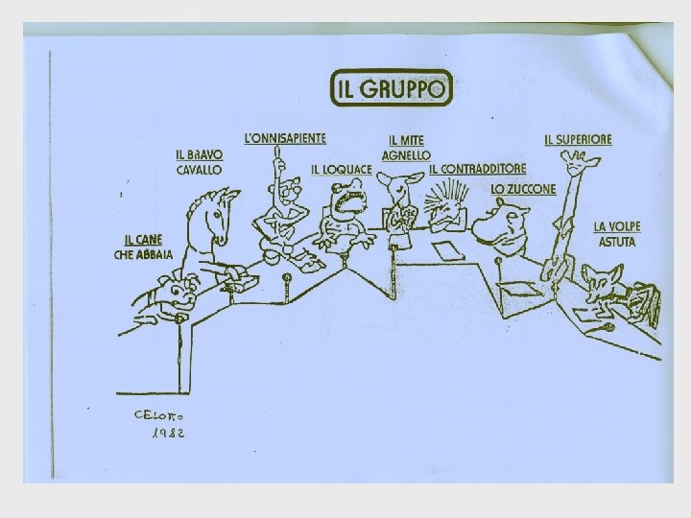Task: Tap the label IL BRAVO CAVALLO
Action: click(x=199, y=161)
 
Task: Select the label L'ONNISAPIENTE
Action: click(x=286, y=139)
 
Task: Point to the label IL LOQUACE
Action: click(x=341, y=170)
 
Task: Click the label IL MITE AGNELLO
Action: click(x=406, y=148)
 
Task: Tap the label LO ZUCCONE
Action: click(x=523, y=189)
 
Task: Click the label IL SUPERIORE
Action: click(x=578, y=139)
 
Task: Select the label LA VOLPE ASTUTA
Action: click(x=617, y=234)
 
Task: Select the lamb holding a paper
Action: click(x=397, y=206)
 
